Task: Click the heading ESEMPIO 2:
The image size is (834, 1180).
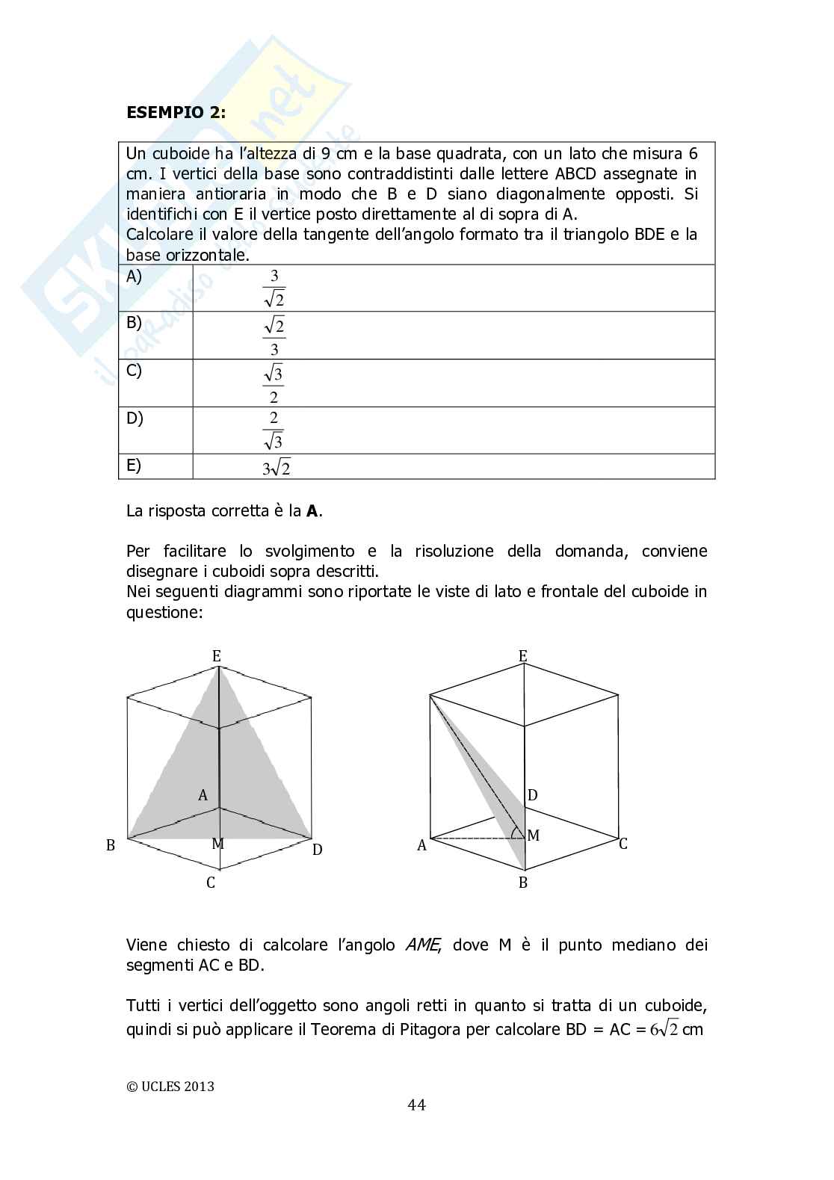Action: (x=176, y=113)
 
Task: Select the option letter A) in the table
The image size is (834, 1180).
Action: (x=134, y=277)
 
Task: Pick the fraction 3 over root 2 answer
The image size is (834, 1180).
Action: (x=274, y=288)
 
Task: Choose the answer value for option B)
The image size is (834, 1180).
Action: (x=274, y=336)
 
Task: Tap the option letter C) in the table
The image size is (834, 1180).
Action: (x=134, y=371)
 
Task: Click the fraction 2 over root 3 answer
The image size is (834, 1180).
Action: (x=274, y=430)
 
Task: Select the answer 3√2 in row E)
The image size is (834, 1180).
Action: (x=276, y=469)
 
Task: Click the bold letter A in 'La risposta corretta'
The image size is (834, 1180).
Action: (x=313, y=512)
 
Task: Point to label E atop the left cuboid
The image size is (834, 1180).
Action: (x=217, y=656)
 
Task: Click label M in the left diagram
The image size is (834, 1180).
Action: (x=217, y=844)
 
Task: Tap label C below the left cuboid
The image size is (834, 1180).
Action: (x=211, y=883)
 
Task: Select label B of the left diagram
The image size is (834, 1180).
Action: (x=111, y=846)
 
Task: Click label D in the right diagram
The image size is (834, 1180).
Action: (x=533, y=795)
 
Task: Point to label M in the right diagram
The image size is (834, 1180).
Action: (x=534, y=835)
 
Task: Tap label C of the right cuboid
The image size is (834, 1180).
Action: (x=623, y=844)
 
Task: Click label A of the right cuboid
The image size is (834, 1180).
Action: (x=421, y=846)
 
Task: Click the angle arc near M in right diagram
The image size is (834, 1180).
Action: (x=515, y=833)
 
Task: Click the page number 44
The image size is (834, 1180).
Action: (x=417, y=1105)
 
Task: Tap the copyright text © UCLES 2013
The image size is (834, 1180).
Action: (x=170, y=1086)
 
